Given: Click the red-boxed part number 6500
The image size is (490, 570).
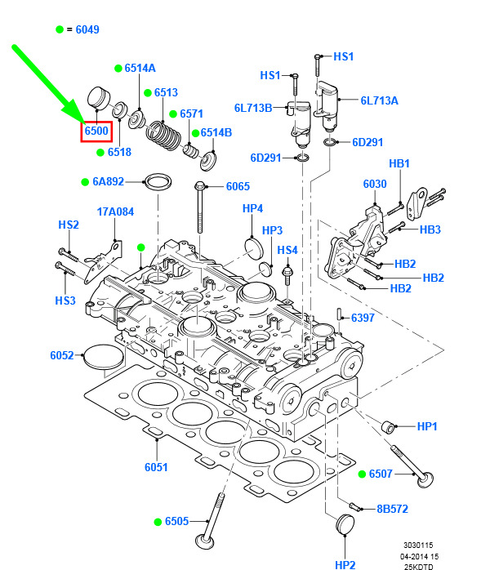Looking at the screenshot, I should (x=96, y=131).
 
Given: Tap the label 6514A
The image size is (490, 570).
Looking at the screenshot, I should (x=140, y=69).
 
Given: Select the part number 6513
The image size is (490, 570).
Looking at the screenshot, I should (x=165, y=93).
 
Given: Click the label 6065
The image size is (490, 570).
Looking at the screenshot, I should (x=238, y=187).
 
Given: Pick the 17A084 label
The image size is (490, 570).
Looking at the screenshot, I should (x=115, y=212).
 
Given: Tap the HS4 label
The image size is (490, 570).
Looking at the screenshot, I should (x=287, y=250).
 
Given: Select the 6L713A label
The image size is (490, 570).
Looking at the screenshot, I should (x=380, y=101).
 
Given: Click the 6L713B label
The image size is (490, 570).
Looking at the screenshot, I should (x=253, y=108).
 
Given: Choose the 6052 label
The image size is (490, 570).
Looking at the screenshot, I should (x=62, y=355).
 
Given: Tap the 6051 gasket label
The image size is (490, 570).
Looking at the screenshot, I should (x=156, y=467).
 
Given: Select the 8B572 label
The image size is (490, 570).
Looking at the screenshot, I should (x=392, y=510).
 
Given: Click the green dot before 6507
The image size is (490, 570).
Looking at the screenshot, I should (x=362, y=474).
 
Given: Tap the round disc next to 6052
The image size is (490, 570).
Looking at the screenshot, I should (x=103, y=358).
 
